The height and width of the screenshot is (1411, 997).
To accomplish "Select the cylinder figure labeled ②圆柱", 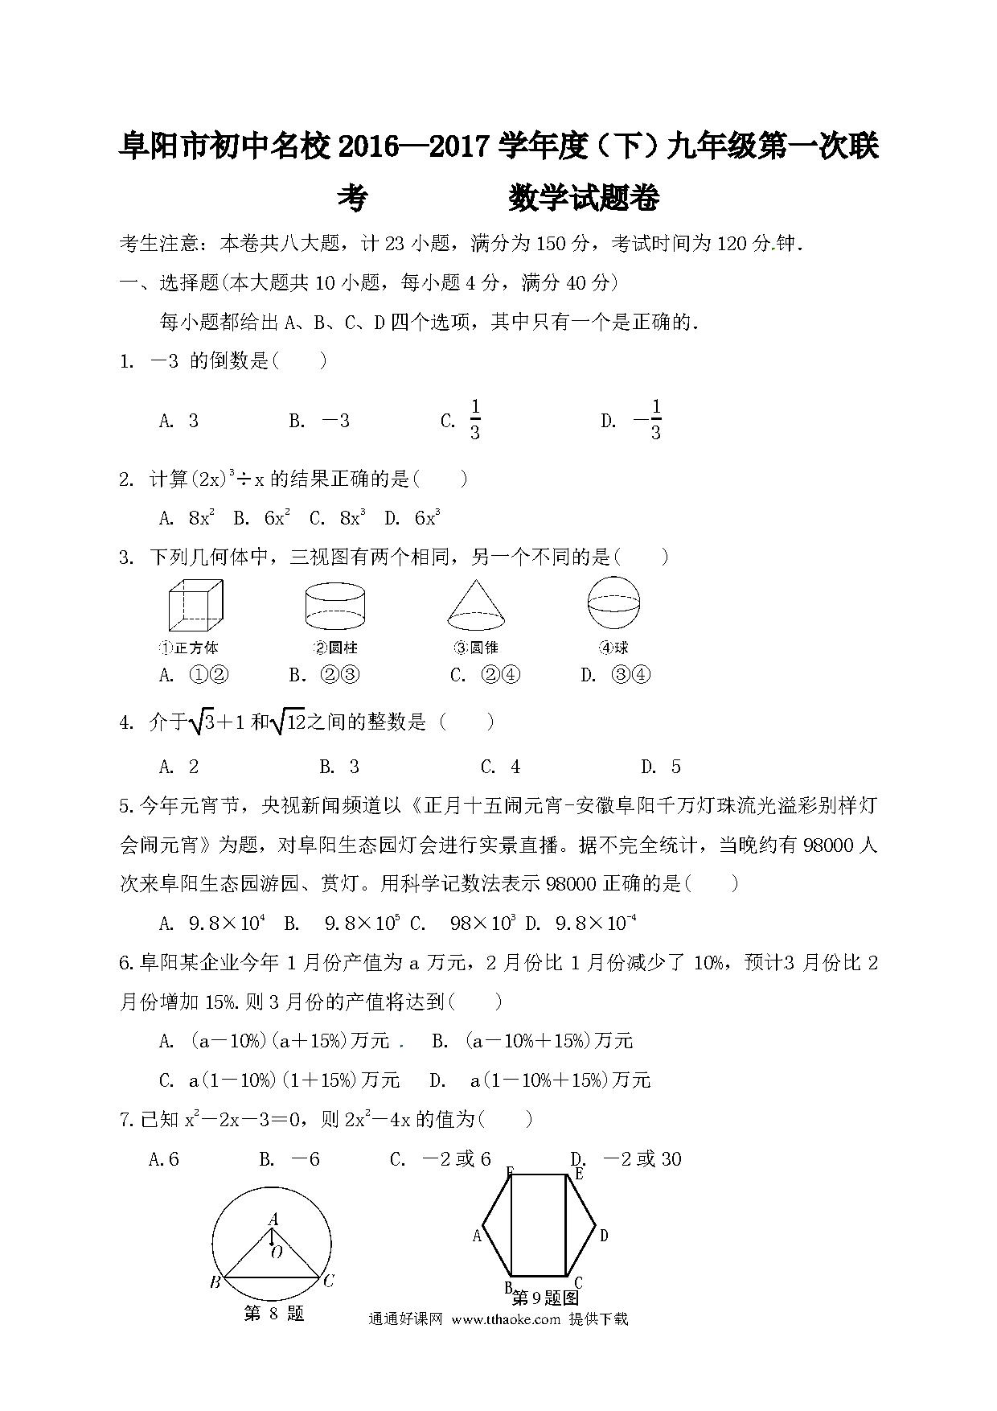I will coord(335,607).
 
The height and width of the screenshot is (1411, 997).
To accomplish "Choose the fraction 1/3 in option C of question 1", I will coord(475,420).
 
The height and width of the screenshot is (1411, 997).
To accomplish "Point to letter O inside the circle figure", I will coord(277,1252).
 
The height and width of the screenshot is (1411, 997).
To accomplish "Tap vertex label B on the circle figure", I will coord(215,1282).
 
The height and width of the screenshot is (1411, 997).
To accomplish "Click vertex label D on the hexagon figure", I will coord(604,1236).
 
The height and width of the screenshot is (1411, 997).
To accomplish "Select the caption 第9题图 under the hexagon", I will coord(545,1298).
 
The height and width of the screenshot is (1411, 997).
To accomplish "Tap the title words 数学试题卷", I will coord(584,198).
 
